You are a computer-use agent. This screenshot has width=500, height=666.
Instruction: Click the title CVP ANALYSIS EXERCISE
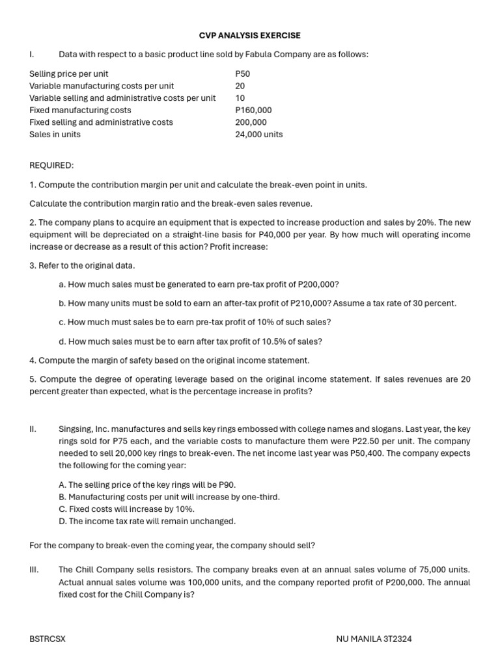click(250, 36)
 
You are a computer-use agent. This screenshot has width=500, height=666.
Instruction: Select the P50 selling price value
click(242, 74)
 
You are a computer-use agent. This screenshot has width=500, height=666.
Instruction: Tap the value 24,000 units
click(258, 135)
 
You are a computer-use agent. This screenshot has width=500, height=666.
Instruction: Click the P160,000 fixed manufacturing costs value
click(253, 111)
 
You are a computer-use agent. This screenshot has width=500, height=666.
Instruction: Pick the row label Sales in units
click(55, 135)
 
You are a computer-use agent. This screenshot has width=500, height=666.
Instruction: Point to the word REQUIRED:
click(51, 166)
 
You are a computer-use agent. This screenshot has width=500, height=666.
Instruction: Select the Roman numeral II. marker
click(33, 429)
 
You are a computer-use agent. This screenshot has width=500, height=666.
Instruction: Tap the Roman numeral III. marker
click(35, 570)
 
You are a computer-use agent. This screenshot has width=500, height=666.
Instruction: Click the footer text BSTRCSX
click(47, 639)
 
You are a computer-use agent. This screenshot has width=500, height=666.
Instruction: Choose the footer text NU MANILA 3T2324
click(374, 639)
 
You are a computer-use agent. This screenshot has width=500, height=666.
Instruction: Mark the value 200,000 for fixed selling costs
click(251, 122)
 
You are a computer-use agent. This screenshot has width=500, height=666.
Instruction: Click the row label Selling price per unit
click(68, 74)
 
